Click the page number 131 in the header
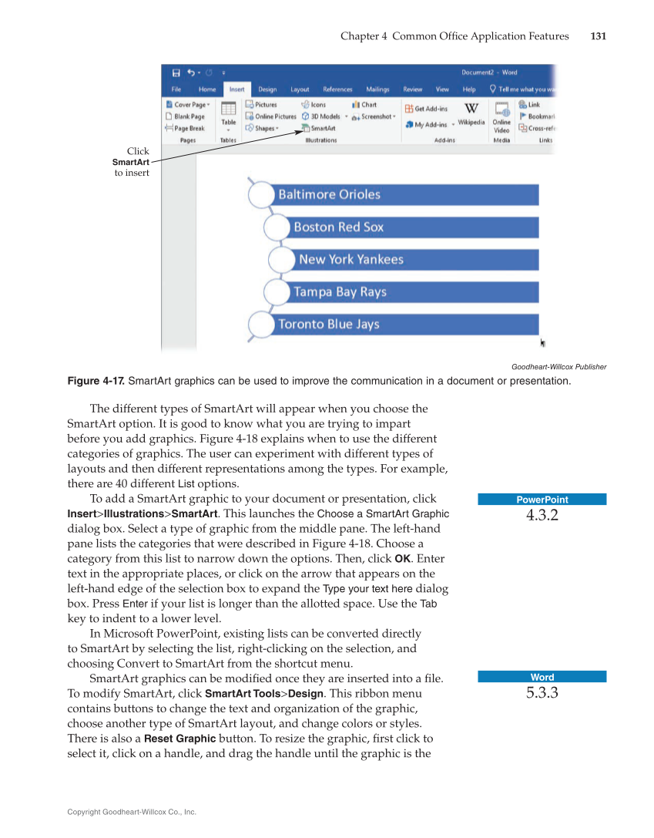coord(598,36)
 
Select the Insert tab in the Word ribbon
coord(236,89)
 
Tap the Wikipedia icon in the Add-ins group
coord(471,113)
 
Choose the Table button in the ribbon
coord(229,115)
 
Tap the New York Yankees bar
coord(417,260)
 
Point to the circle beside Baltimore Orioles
coord(261,195)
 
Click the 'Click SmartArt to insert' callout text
coord(131,162)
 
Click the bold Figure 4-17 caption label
coord(96,381)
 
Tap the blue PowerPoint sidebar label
coord(542,500)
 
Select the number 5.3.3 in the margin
coord(542,693)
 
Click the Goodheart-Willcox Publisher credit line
coord(558,367)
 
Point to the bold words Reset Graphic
coord(179,739)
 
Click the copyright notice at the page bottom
coord(132,812)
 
